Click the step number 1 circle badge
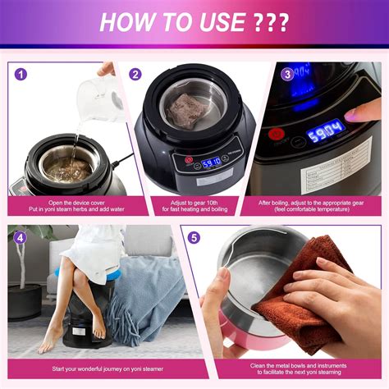click(21, 74)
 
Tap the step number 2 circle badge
click(135, 74)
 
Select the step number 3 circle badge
click(286, 74)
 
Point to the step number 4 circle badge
click(21, 238)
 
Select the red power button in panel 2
click(188, 161)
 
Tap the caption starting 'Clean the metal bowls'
click(284, 365)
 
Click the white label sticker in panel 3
click(336, 172)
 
